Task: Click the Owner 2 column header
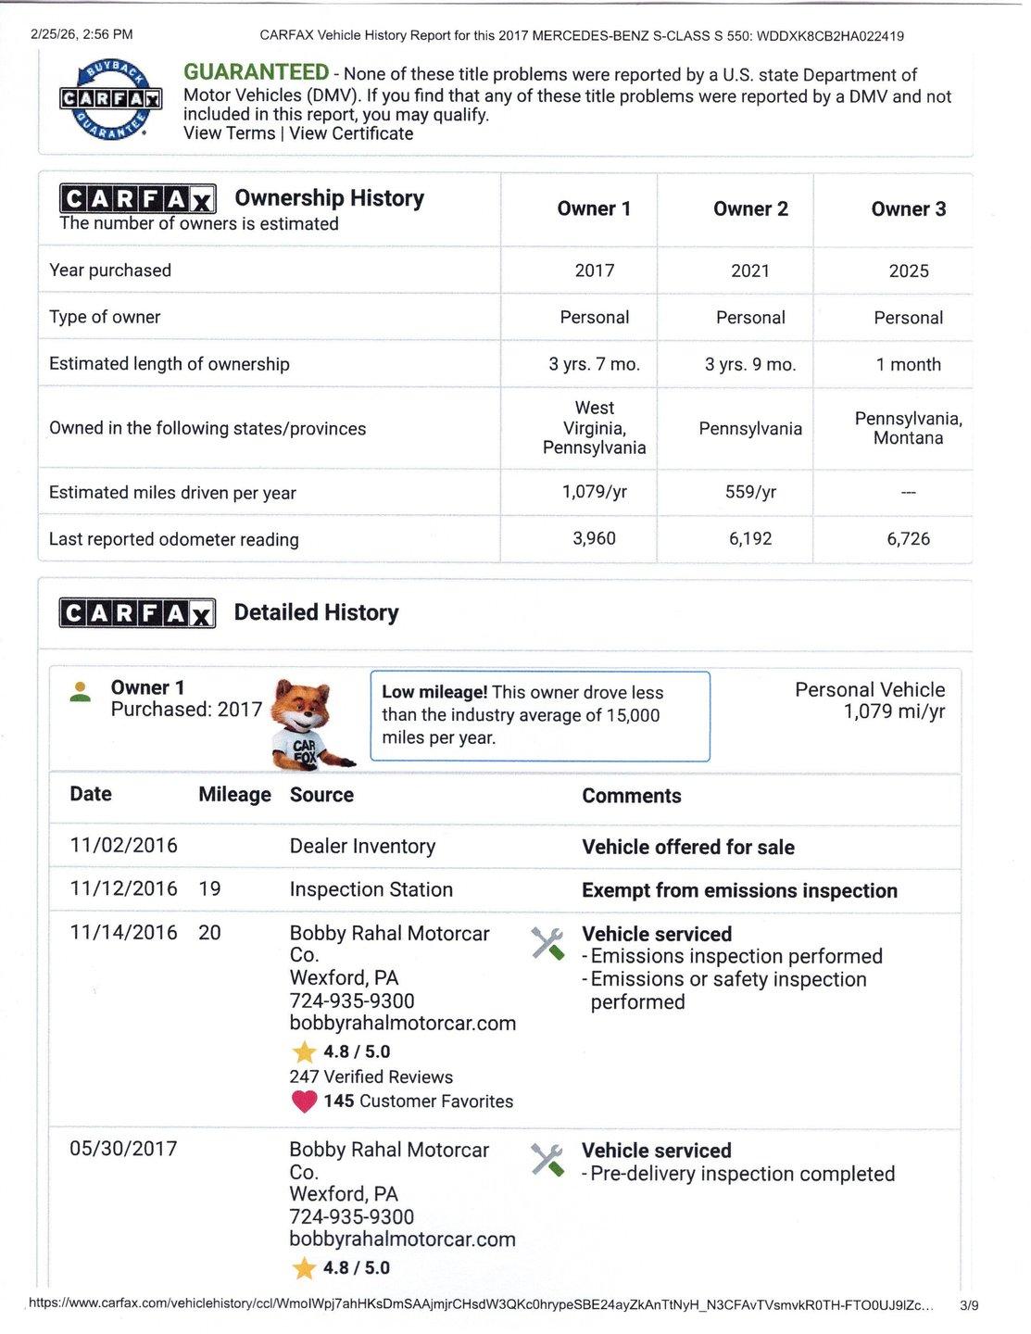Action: coord(750,209)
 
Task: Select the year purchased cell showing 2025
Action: coord(908,271)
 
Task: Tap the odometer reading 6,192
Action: coord(750,539)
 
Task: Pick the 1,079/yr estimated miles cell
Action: coord(594,492)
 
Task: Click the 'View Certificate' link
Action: coord(351,133)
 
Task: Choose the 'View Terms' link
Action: coord(229,133)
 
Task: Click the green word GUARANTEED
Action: coord(256,72)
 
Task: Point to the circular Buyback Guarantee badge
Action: coord(111,98)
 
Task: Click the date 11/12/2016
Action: coord(123,888)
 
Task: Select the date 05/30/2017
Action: coord(123,1149)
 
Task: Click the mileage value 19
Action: coord(209,888)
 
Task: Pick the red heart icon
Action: coord(304,1101)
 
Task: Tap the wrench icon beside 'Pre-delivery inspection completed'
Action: coord(547,1160)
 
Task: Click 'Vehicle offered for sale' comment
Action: coord(687,847)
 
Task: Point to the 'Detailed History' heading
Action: coord(316,612)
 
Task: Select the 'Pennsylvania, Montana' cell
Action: coord(908,428)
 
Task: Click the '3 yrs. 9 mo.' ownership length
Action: coord(750,364)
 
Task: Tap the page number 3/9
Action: coord(968,1305)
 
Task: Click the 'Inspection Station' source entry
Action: coord(371,889)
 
